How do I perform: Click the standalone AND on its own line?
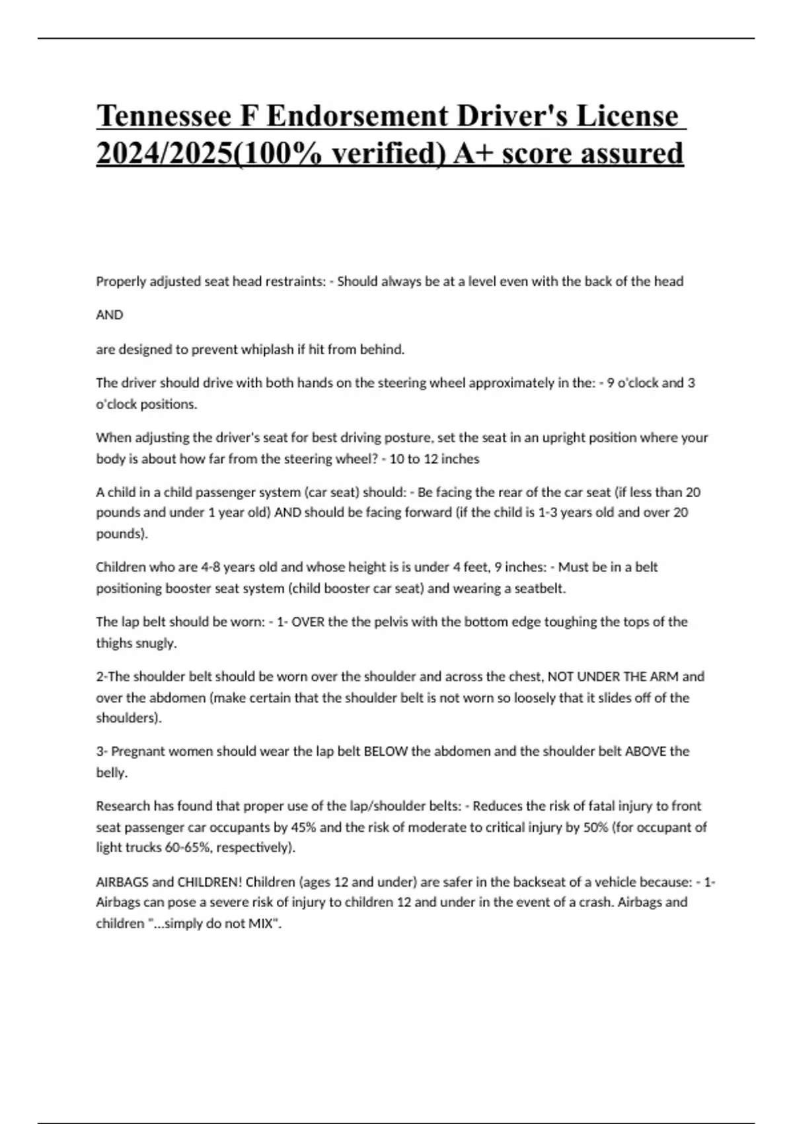[110, 315]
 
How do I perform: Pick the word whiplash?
[264, 350]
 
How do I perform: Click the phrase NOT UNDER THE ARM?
[613, 677]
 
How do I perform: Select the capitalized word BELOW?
[385, 752]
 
